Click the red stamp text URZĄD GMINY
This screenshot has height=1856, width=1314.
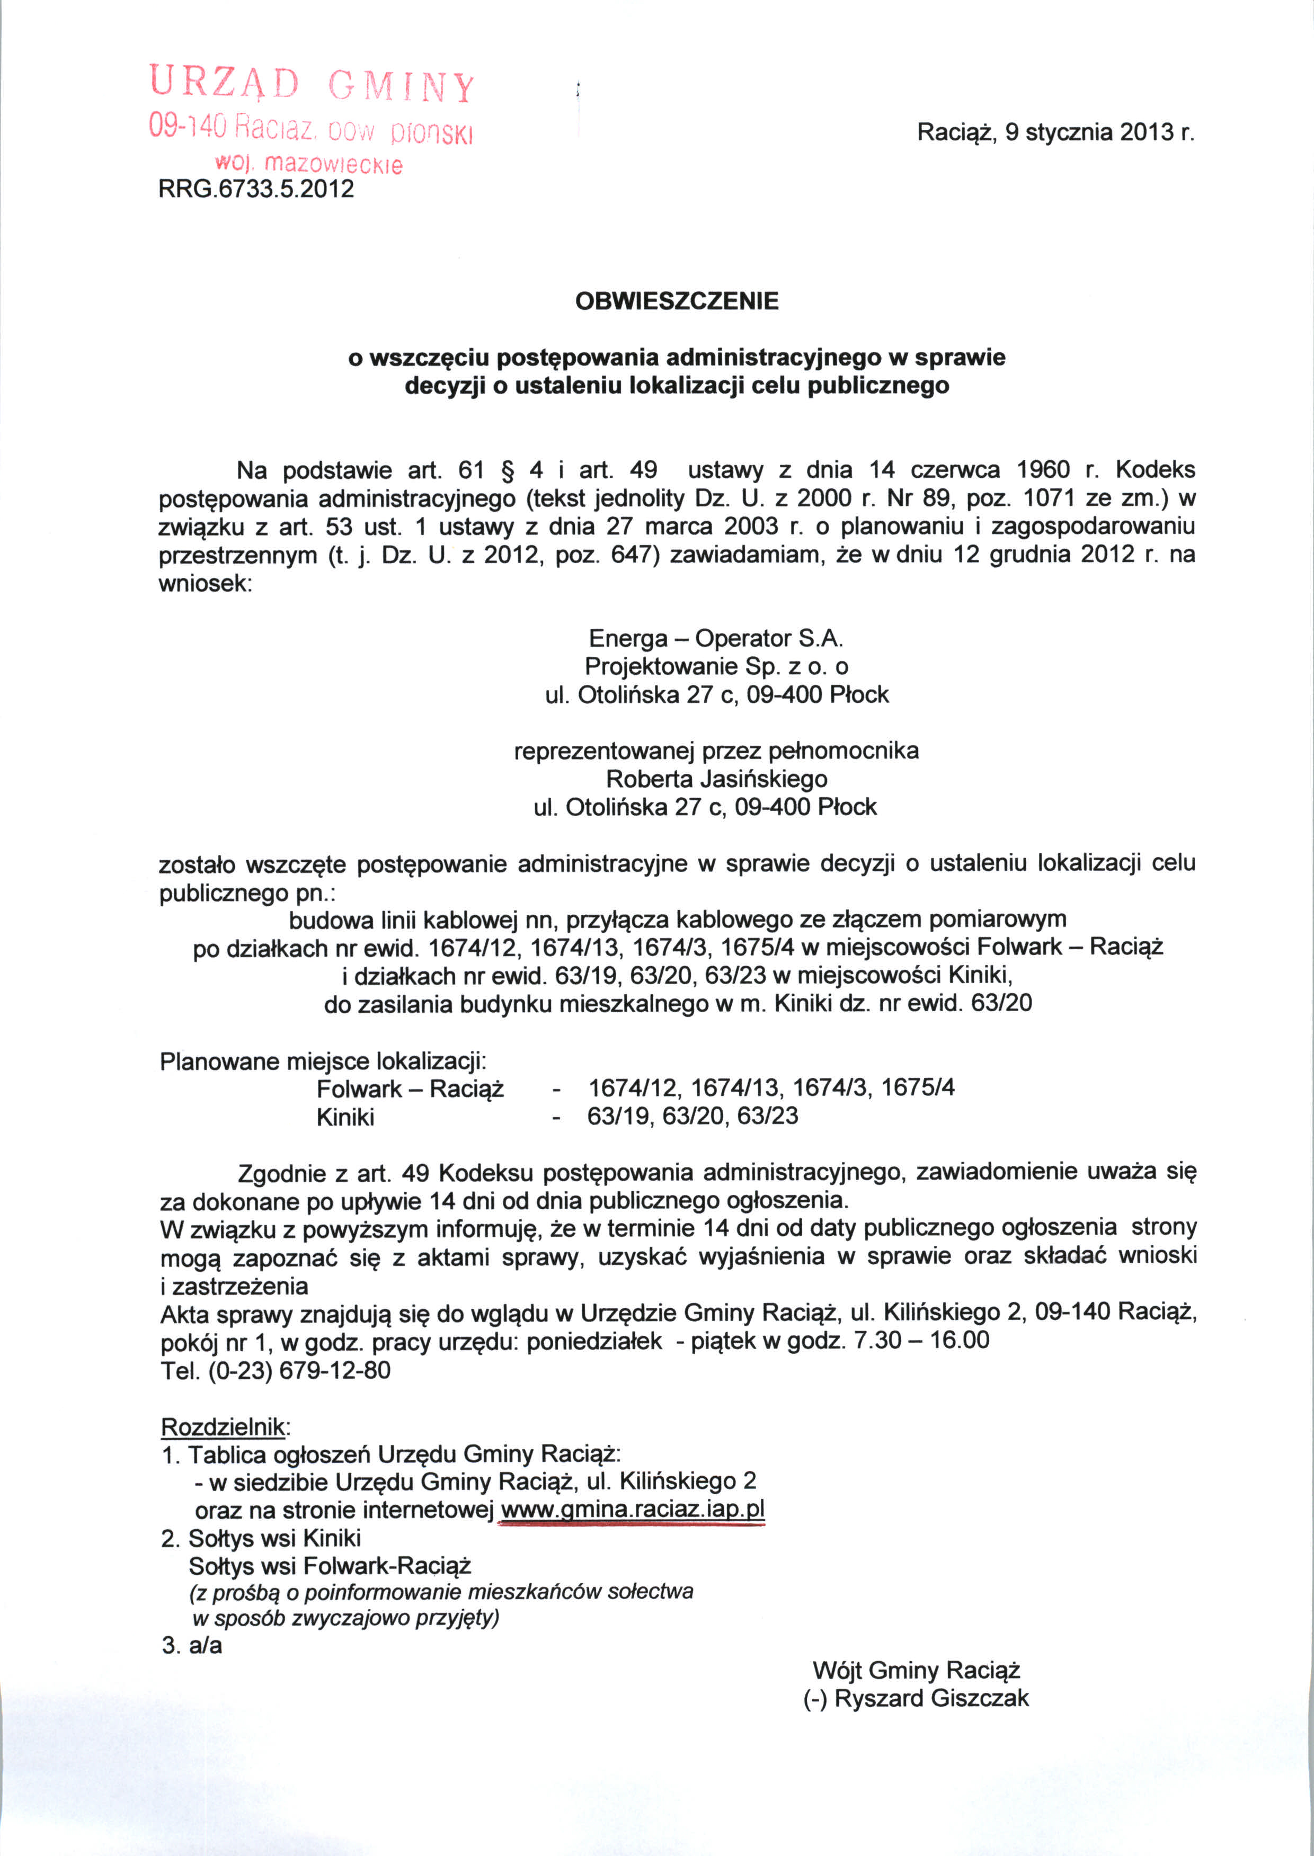[312, 85]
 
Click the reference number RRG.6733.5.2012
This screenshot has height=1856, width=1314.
[256, 189]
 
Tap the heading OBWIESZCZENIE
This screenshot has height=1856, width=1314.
[677, 301]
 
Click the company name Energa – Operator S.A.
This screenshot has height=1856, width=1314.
[715, 639]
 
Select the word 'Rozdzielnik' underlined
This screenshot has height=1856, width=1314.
[223, 1426]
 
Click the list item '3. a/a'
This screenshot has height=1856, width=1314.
[192, 1646]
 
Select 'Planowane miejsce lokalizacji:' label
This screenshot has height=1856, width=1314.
[323, 1061]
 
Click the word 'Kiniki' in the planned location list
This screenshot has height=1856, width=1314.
[345, 1118]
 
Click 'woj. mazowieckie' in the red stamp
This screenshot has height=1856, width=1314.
[308, 164]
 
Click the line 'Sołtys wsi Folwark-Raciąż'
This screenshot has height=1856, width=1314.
[330, 1566]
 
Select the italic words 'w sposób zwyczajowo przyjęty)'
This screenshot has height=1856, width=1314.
[345, 1618]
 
